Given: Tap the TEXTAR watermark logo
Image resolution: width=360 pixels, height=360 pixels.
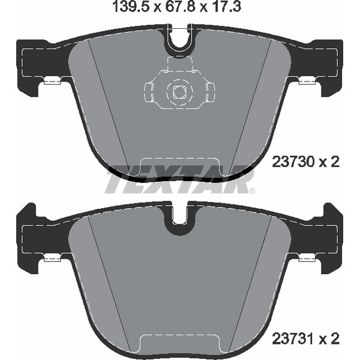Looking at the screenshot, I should coord(178,180).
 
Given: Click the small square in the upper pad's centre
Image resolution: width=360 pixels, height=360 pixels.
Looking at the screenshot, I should coord(179,92).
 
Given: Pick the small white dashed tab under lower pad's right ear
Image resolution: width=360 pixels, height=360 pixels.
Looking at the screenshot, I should coord(307,257).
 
